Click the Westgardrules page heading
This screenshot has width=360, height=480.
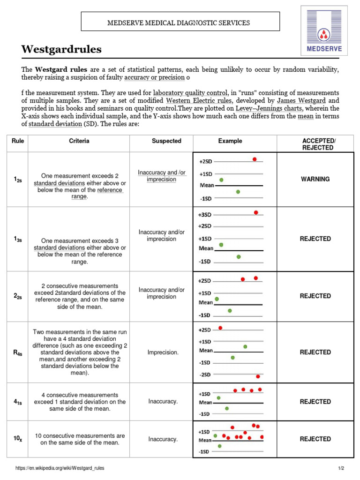pyautogui.click(x=61, y=49)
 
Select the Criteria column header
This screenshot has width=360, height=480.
pyautogui.click(x=79, y=141)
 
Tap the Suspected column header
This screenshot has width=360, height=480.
pyautogui.click(x=166, y=141)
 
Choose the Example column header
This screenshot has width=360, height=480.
pyautogui.click(x=230, y=141)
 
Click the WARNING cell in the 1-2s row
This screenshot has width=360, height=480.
pyautogui.click(x=315, y=179)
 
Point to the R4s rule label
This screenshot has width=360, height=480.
pyautogui.click(x=17, y=352)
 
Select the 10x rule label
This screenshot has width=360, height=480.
pyautogui.click(x=17, y=439)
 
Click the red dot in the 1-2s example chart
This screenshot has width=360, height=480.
pyautogui.click(x=255, y=159)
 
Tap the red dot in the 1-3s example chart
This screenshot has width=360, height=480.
pyautogui.click(x=256, y=212)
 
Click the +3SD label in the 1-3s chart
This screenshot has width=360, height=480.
pyautogui.click(x=205, y=215)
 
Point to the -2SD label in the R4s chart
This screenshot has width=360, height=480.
pyautogui.click(x=205, y=375)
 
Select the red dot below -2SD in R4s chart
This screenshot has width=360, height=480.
pyautogui.click(x=258, y=376)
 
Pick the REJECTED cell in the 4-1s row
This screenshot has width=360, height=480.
pyautogui.click(x=315, y=402)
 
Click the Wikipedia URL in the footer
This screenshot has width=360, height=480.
pyautogui.click(x=60, y=468)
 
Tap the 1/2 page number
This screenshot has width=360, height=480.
pyautogui.click(x=341, y=468)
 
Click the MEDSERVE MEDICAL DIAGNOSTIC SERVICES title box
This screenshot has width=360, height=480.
pyautogui.click(x=180, y=22)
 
